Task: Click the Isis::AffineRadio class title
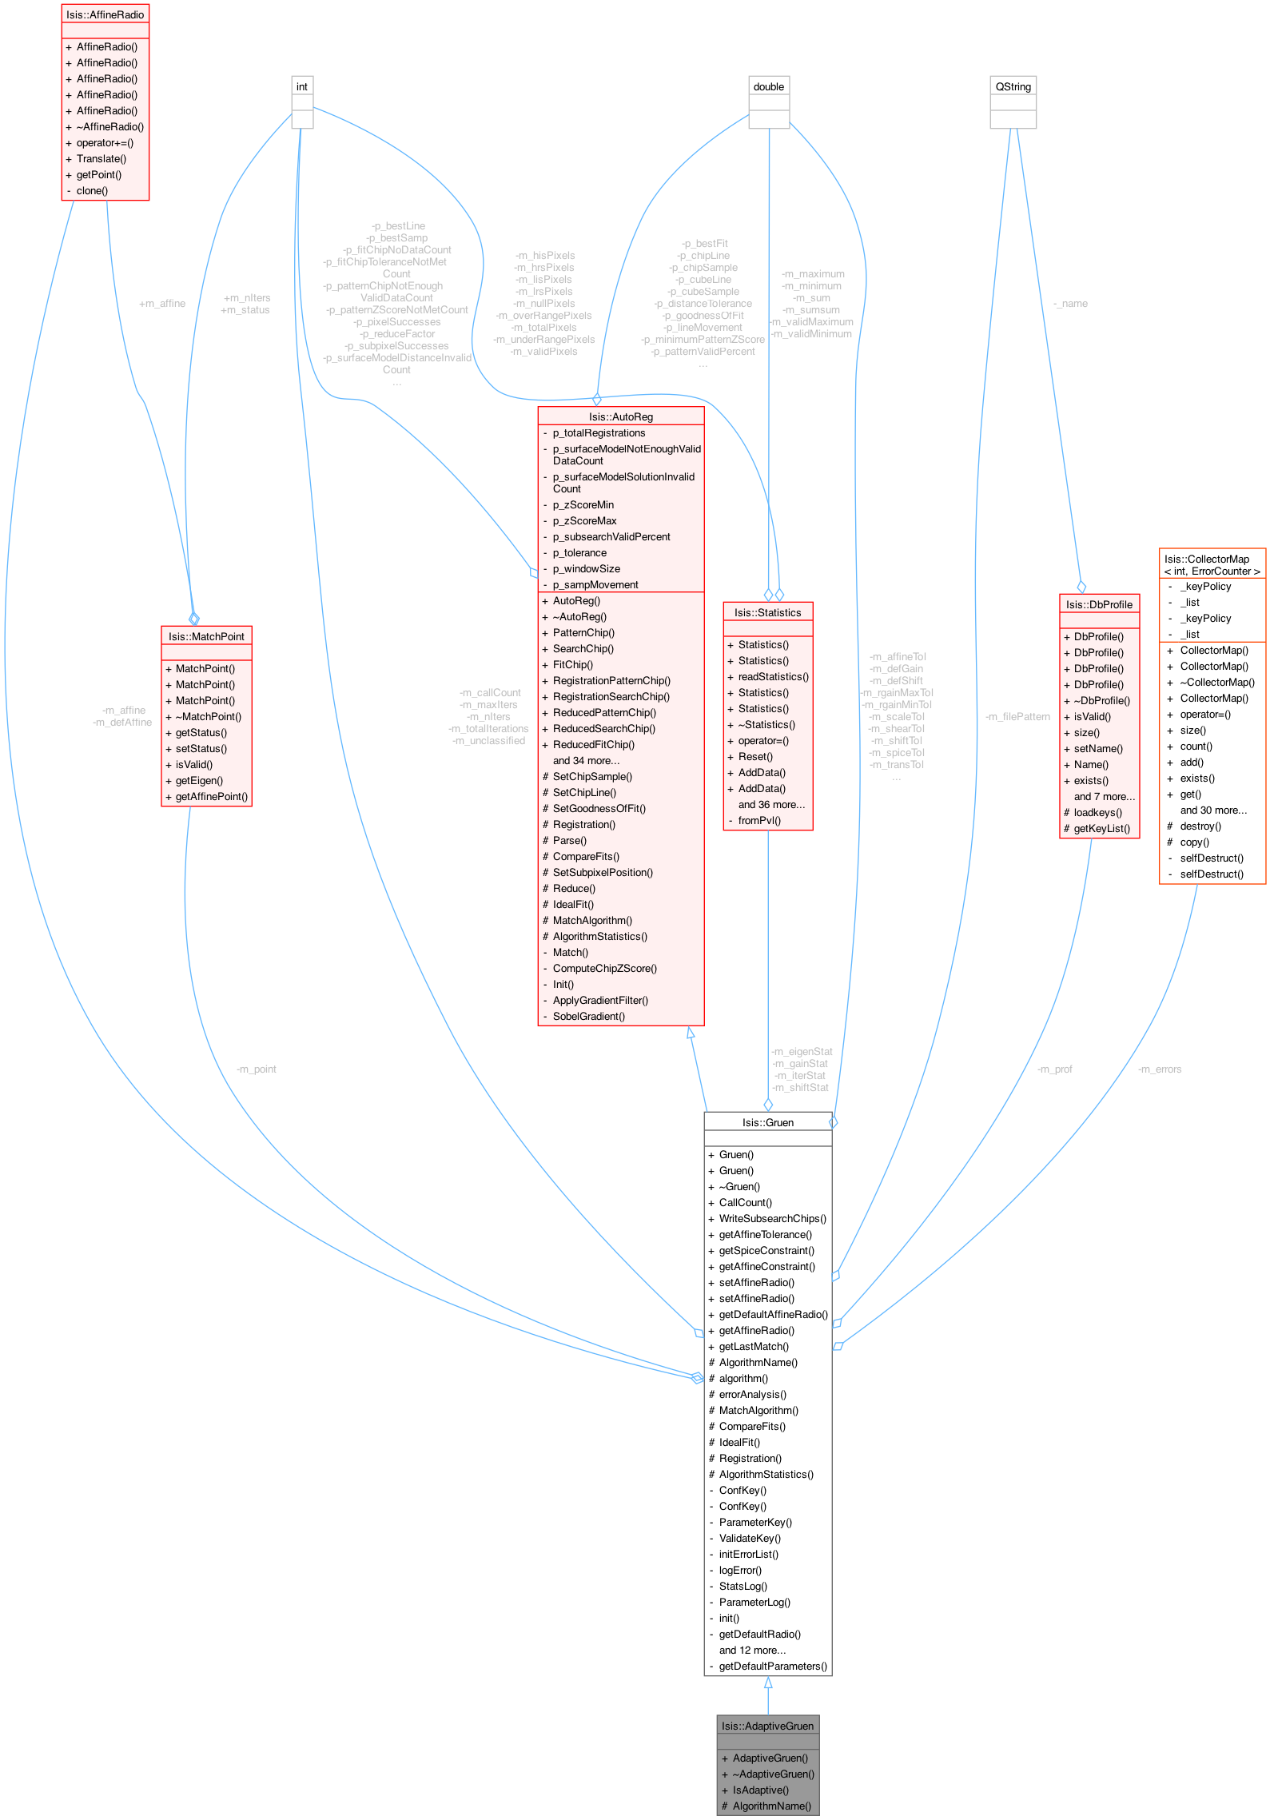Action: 105,14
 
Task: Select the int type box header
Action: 302,86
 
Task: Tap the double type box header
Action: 768,86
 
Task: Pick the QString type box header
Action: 1013,86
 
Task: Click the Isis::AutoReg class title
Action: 620,416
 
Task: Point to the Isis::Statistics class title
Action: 767,612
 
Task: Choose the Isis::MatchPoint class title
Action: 206,636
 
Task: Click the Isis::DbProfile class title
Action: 1099,604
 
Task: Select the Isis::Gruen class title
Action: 767,1122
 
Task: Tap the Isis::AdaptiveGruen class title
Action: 767,1726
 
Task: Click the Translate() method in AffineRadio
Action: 102,158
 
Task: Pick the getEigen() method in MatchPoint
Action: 199,780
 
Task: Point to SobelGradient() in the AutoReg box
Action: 589,1016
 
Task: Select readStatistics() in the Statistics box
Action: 773,676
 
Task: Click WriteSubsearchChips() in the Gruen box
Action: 772,1218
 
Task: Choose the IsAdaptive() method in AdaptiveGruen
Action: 760,1790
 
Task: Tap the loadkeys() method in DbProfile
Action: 1097,812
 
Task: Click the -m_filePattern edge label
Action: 1017,716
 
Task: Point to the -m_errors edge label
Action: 1159,1069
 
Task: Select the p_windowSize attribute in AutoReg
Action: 586,568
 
